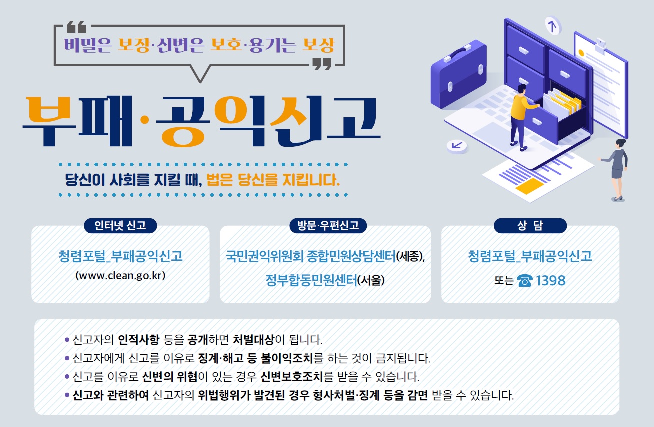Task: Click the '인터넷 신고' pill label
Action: click(120, 225)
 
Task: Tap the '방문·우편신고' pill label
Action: click(328, 225)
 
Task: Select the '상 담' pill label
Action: click(530, 225)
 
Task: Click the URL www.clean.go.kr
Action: click(120, 275)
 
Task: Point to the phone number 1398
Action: click(550, 281)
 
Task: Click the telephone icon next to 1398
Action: click(525, 281)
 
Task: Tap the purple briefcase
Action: click(458, 74)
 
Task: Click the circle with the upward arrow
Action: click(553, 26)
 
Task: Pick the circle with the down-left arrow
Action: click(457, 146)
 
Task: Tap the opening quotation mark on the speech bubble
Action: click(77, 27)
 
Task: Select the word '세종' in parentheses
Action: click(410, 256)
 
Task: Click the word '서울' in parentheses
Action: click(371, 281)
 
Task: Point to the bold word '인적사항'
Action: click(139, 340)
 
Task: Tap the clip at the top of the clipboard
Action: click(601, 46)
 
